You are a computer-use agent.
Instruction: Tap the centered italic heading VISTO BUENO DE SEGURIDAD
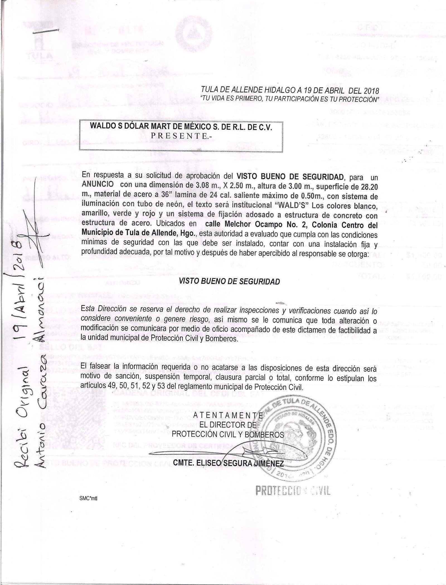click(x=229, y=282)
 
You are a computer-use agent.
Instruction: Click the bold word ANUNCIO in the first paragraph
click(x=98, y=185)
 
